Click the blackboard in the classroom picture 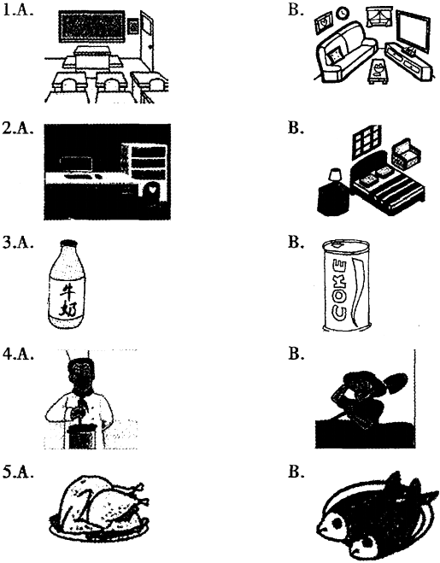[x=91, y=27]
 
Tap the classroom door [x=147, y=41]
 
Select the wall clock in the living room [x=343, y=14]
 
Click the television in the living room [x=413, y=32]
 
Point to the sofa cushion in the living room [x=335, y=56]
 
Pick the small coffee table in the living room [x=378, y=72]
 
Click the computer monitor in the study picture [x=77, y=164]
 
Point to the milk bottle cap [x=68, y=243]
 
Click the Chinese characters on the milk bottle [x=68, y=299]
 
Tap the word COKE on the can [x=340, y=290]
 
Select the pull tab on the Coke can [x=337, y=245]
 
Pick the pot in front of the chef [x=82, y=436]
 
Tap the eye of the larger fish [x=338, y=523]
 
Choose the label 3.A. [x=18, y=243]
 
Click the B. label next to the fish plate [x=296, y=472]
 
